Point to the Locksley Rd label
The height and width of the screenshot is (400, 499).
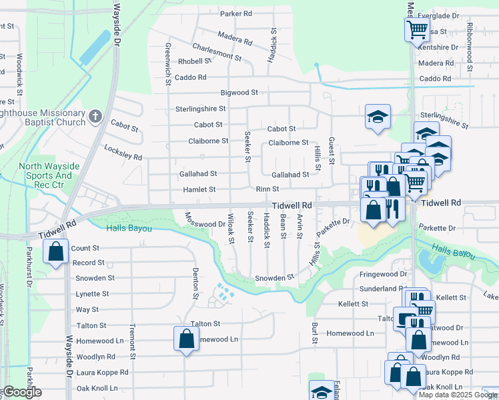[123, 153]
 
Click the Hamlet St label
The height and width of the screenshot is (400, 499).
[199, 189]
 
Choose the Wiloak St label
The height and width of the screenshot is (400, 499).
[231, 228]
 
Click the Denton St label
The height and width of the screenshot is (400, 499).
[196, 283]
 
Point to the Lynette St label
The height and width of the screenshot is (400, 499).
[92, 294]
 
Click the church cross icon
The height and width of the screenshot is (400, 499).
[95, 116]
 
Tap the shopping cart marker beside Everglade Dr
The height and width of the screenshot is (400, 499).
[416, 29]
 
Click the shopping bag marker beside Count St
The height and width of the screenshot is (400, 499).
[55, 252]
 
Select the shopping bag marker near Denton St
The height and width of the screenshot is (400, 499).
[186, 339]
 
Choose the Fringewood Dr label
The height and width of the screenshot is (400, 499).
[384, 274]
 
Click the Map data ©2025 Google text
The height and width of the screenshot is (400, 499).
[458, 395]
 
